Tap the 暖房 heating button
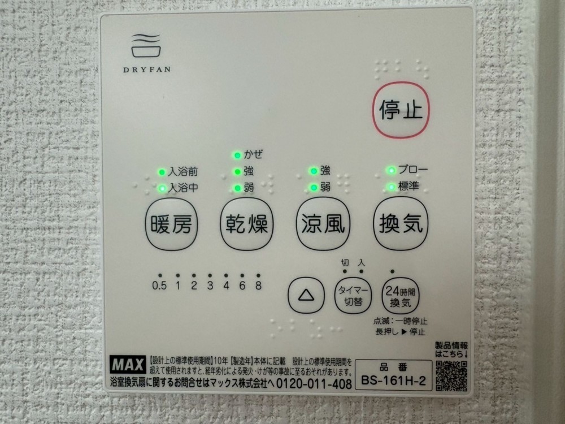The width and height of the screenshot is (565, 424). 172,224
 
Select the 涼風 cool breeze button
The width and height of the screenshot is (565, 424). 323,223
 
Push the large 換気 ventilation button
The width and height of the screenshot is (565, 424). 401,223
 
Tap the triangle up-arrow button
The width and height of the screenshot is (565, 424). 306,295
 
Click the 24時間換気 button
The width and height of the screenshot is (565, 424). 401,296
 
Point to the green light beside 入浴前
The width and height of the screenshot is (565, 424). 162,172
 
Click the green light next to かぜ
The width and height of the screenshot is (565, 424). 237,155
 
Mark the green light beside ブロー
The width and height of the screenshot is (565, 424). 391,170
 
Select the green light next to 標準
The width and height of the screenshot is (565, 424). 391,187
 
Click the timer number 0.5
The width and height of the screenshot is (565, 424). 159,286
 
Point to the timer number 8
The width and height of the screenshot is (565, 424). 258,285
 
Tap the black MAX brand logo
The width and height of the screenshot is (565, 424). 128,365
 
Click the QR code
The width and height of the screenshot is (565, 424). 451,375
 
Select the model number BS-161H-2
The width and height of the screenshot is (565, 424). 393,380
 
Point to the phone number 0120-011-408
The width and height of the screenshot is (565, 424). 314,383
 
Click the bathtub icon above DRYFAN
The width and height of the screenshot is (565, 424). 146,45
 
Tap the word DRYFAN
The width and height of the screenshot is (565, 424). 147,69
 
